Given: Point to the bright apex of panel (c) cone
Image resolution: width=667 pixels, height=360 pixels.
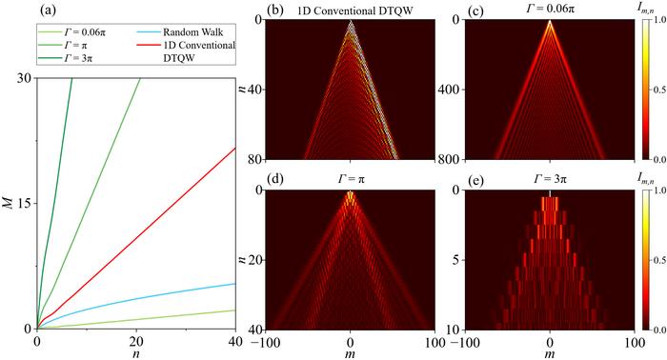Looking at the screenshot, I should pyautogui.click(x=551, y=21).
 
